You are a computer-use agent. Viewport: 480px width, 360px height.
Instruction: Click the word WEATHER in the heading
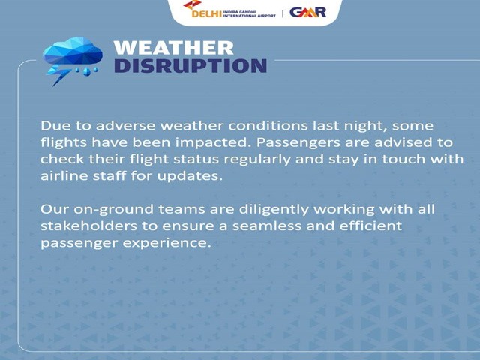tap(173, 48)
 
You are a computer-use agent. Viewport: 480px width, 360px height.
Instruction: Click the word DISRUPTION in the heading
tap(190, 66)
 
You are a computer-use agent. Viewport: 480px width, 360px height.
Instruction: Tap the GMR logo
tap(308, 12)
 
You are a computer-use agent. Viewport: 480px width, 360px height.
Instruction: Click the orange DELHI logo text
tap(207, 13)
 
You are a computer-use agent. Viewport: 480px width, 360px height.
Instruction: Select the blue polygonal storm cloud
tap(73, 51)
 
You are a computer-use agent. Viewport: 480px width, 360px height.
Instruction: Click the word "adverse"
tap(125, 126)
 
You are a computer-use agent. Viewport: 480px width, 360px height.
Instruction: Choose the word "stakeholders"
tap(88, 226)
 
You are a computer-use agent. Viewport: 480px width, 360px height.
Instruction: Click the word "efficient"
tap(370, 226)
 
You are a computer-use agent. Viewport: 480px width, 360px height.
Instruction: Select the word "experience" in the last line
tap(166, 243)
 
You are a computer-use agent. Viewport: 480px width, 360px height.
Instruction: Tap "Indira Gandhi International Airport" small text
tap(250, 13)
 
